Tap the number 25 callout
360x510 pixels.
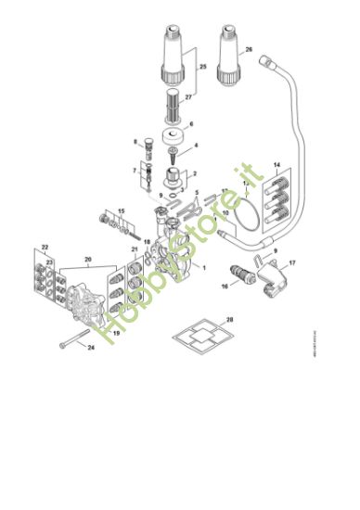coord(204,69)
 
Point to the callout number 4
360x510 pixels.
coord(195,146)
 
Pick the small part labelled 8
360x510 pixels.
coord(142,144)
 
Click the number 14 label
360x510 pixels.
coord(276,164)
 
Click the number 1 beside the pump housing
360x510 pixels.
coord(204,266)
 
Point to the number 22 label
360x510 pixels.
coord(45,249)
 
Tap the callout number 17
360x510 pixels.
coord(291,263)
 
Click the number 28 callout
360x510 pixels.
coord(230,319)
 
